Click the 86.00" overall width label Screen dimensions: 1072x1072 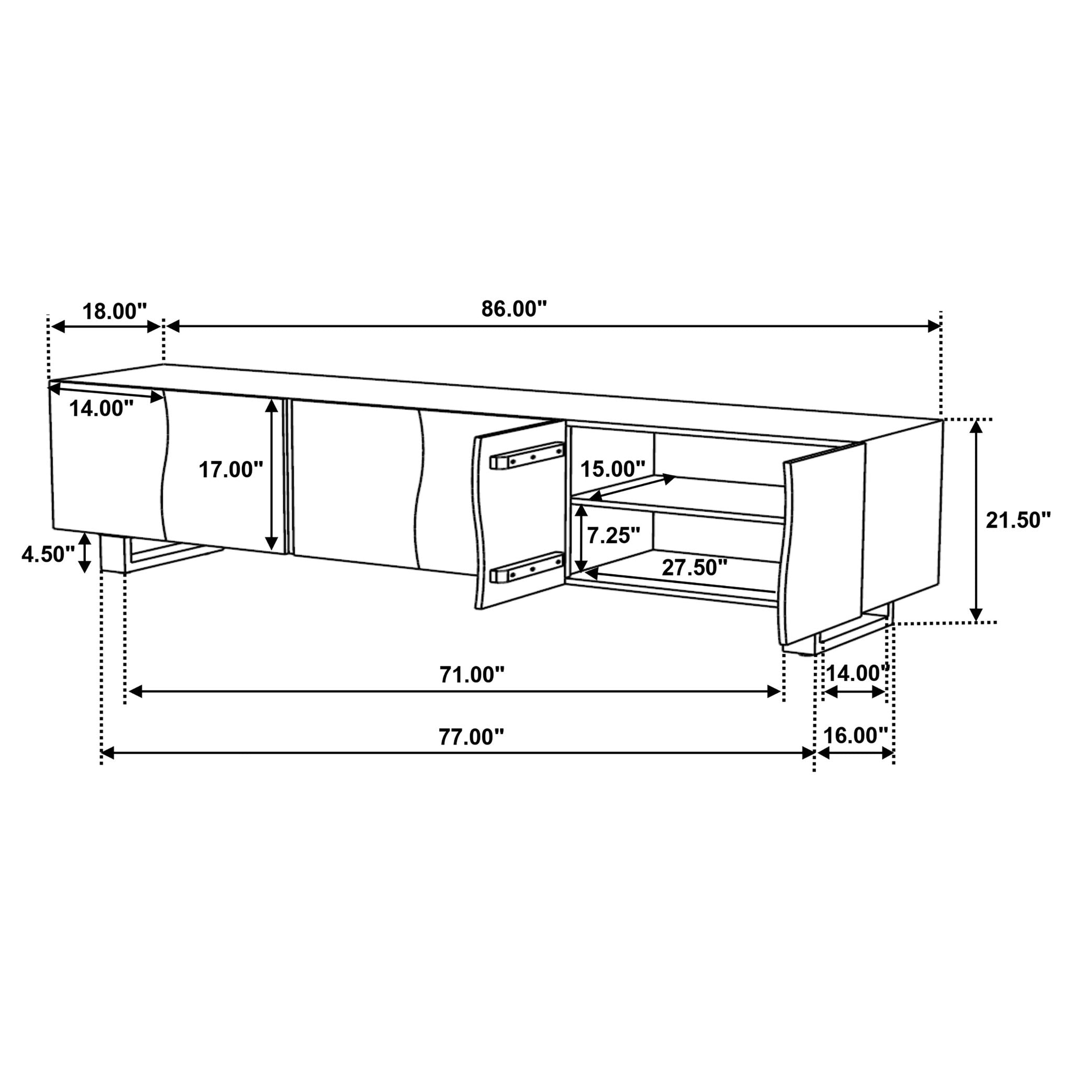(514, 309)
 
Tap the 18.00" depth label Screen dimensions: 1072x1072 (114, 312)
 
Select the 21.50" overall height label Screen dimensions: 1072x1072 (1018, 520)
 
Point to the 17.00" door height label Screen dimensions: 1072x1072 (231, 470)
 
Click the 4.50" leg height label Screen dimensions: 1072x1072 (48, 554)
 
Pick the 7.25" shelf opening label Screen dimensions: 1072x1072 (613, 536)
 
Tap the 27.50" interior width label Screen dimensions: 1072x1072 (694, 568)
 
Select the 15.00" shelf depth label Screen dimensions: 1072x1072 (612, 470)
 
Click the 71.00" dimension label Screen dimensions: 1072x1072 (472, 675)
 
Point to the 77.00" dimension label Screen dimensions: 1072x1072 (471, 738)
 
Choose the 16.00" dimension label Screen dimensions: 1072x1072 (855, 736)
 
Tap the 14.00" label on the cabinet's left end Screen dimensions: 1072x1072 (101, 409)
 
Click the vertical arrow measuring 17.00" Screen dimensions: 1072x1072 (271, 475)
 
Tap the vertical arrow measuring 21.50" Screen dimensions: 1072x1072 (976, 520)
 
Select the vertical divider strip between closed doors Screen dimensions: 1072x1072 (287, 477)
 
